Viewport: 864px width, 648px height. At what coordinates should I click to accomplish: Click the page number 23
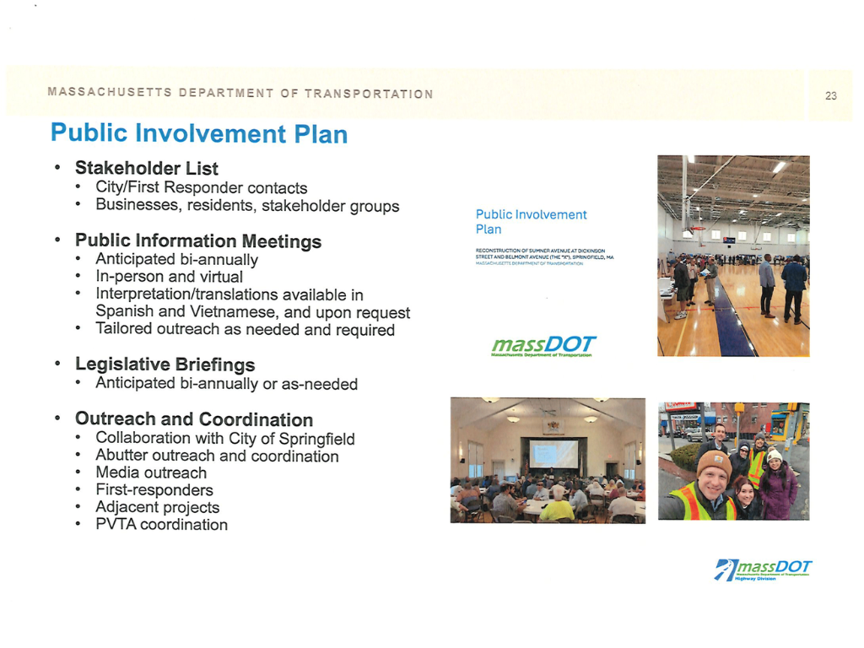tap(830, 95)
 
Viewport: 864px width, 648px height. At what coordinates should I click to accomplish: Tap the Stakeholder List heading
tap(147, 169)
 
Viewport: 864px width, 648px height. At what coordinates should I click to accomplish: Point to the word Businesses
tap(133, 205)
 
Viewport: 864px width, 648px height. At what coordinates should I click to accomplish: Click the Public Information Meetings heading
tap(198, 241)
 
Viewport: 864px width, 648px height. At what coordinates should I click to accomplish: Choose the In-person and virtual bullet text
tap(169, 277)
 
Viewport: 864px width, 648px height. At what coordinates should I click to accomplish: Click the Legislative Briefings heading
tap(165, 364)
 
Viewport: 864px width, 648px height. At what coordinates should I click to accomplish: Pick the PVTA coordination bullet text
tap(161, 525)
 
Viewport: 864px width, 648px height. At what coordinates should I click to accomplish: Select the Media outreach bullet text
tap(151, 472)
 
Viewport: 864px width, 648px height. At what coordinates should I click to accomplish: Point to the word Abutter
tap(123, 456)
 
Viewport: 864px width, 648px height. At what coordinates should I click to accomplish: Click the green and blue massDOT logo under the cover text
tap(543, 346)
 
